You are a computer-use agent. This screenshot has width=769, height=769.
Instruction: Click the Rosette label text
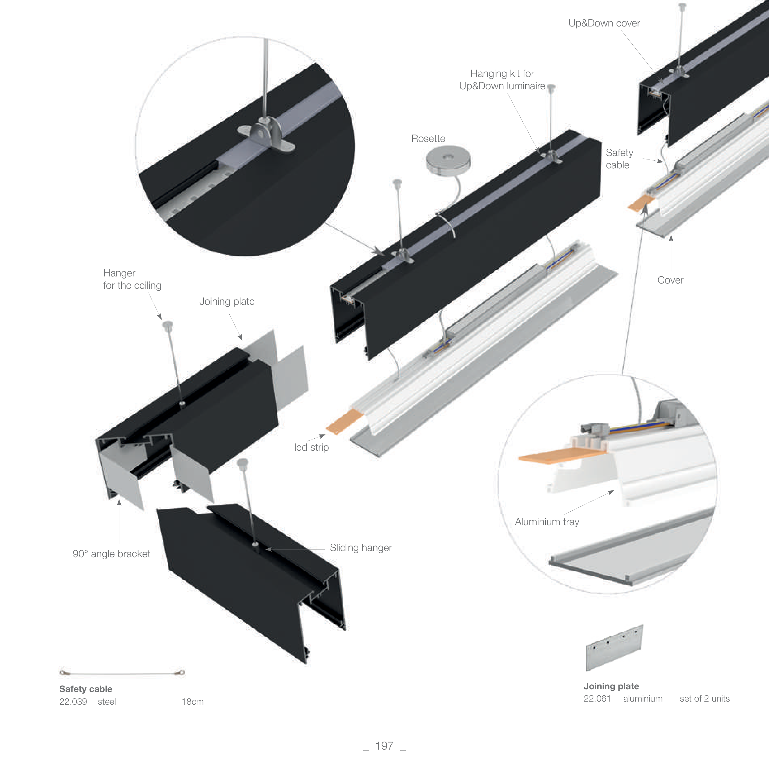tap(428, 139)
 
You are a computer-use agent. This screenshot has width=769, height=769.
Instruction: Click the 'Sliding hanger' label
tap(360, 548)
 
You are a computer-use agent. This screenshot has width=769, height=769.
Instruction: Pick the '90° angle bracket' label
tap(111, 554)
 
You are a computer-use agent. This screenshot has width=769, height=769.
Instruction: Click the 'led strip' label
tap(311, 447)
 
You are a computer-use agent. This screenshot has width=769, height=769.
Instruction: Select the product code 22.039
tap(73, 702)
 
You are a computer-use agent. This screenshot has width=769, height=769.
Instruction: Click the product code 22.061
tap(597, 699)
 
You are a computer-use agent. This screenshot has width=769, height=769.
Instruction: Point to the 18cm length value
tap(193, 702)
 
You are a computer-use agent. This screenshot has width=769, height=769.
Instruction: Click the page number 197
tap(384, 746)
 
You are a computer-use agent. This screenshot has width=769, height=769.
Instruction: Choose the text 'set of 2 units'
tap(705, 699)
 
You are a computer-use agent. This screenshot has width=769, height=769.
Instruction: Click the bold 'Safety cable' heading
tap(86, 689)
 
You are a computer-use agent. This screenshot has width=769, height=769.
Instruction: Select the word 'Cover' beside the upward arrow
tap(670, 280)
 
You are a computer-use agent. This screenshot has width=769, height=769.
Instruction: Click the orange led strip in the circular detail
tap(557, 458)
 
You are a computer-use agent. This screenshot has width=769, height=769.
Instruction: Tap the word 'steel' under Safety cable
tap(107, 702)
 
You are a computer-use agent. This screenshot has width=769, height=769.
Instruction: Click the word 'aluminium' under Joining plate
tap(643, 699)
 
